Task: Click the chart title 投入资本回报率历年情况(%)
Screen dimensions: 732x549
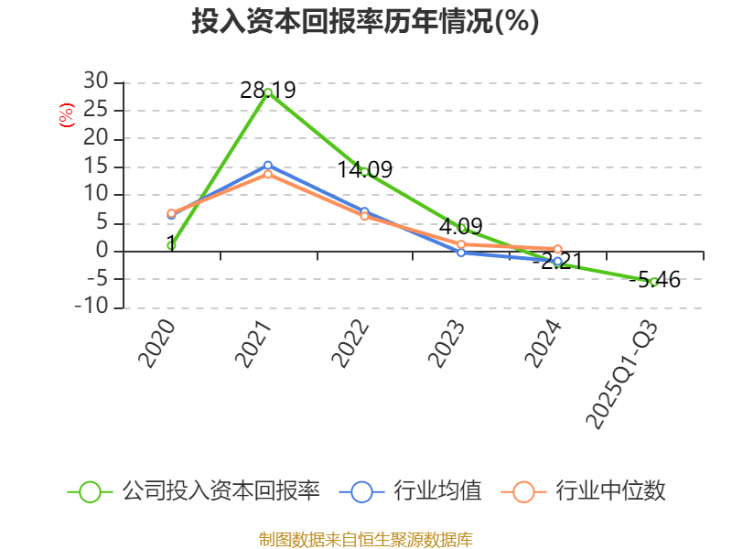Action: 365,21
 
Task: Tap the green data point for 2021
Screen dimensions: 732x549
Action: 268,93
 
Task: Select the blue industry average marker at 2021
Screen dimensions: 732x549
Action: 268,166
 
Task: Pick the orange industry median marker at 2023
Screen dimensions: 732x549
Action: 461,244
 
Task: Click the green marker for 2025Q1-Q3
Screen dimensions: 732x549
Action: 654,282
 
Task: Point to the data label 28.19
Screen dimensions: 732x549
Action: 268,90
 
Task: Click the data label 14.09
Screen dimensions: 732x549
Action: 364,169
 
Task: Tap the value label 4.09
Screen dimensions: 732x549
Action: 461,226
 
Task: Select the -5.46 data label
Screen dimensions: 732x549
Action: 654,280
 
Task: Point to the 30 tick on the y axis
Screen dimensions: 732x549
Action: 96,81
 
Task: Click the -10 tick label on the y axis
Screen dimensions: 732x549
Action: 91,307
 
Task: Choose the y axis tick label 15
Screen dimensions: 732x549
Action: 96,167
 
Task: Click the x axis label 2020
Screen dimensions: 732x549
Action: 156,344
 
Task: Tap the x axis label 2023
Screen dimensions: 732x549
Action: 447,344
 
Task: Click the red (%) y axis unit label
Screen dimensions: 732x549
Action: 66,115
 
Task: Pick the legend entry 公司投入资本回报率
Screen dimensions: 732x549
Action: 194,491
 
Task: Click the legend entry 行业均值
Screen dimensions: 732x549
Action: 410,491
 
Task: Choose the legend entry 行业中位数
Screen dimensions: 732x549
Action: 583,491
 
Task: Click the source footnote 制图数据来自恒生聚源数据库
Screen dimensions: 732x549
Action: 366,540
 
